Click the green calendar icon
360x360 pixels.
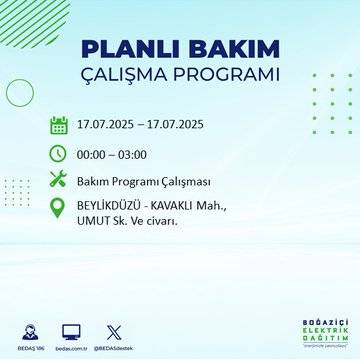click(x=58, y=125)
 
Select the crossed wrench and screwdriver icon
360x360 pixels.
click(x=58, y=180)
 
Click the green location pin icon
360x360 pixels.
click(x=58, y=210)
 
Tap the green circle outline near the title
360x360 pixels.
click(x=20, y=92)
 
